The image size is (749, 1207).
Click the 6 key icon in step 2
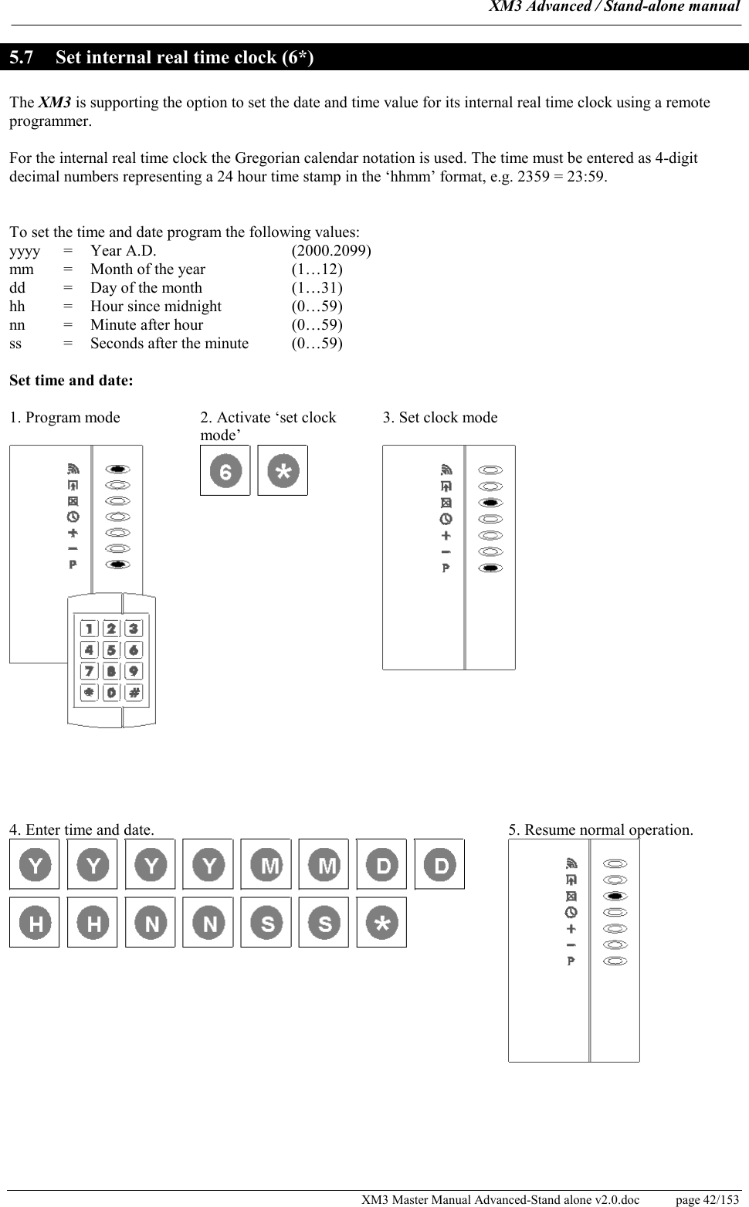pos(225,470)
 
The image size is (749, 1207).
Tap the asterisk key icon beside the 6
pos(283,470)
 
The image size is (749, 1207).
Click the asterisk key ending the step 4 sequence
pos(381,922)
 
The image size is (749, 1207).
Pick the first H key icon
pos(35,922)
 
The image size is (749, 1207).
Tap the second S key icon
pos(324,922)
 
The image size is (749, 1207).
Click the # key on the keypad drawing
pos(134,693)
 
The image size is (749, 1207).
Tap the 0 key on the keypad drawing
pos(112,693)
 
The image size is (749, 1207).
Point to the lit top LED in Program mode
pos(117,469)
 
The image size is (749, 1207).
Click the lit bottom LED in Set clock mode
pos(490,568)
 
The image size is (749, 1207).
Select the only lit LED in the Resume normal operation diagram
pos(615,896)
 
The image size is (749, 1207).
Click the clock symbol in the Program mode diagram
pos(73,516)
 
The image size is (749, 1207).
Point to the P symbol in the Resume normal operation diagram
pos(571,961)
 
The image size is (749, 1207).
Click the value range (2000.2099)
pos(331,251)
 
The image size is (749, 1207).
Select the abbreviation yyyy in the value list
pos(25,251)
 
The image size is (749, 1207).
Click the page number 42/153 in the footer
pos(707,1200)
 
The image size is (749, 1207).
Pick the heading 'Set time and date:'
pos(71,381)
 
